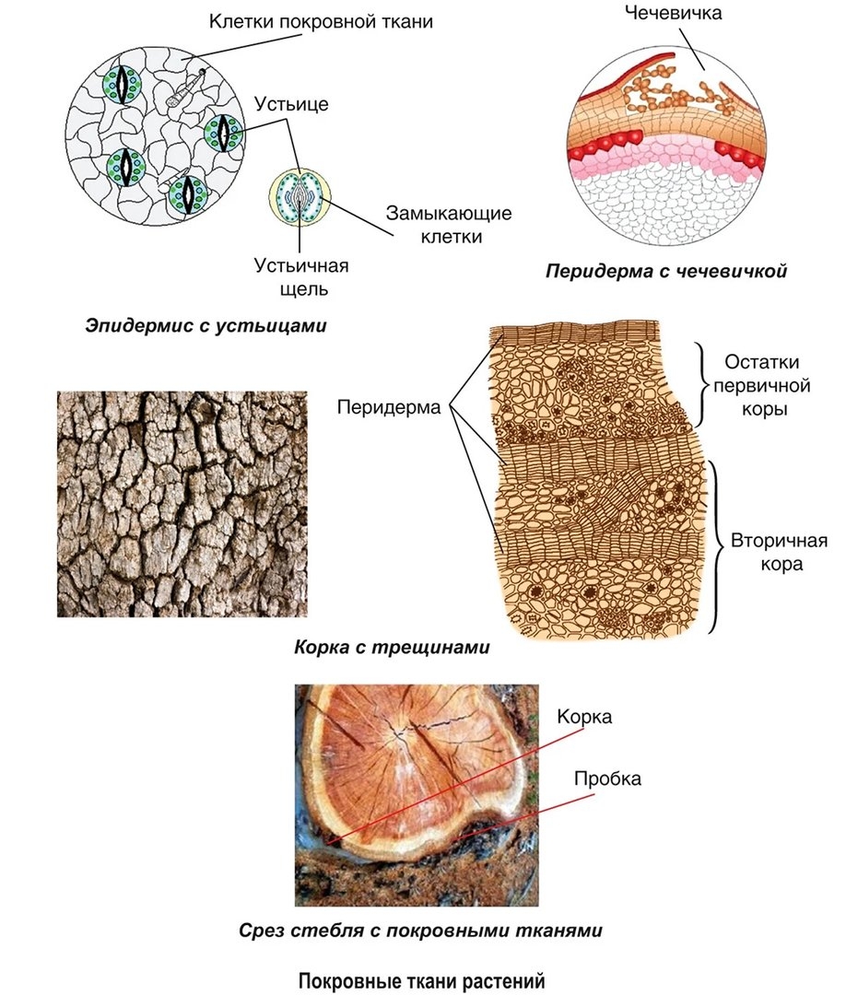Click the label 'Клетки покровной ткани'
(x=320, y=19)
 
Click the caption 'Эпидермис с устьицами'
(x=206, y=325)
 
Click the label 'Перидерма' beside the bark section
(x=389, y=406)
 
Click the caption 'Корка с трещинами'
(x=392, y=648)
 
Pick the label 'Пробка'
(x=607, y=778)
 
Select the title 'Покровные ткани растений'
(x=422, y=980)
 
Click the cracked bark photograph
(x=182, y=504)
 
